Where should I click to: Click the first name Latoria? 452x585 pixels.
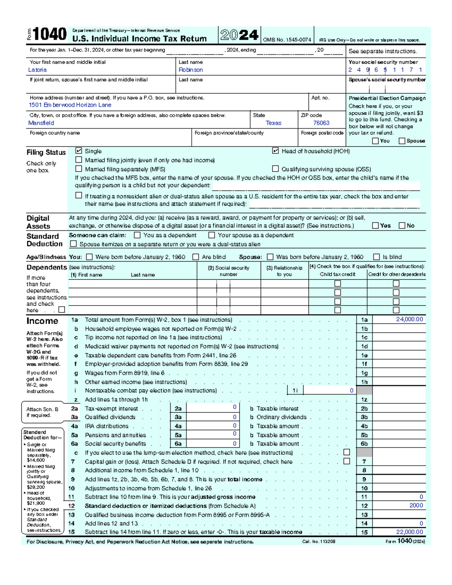click(37, 70)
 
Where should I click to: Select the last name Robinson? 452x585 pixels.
click(191, 70)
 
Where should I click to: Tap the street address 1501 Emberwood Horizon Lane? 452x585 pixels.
click(70, 105)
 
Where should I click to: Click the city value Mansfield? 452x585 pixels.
click(41, 123)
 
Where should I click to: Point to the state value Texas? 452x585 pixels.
click(273, 123)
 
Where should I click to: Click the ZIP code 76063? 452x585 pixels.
click(321, 123)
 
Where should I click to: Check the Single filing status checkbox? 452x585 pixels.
click(79, 151)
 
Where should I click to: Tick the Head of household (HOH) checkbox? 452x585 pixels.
click(275, 151)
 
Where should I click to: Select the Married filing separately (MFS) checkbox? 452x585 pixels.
click(79, 169)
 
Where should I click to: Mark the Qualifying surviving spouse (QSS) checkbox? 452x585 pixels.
click(275, 169)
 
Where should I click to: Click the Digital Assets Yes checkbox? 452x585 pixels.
click(375, 225)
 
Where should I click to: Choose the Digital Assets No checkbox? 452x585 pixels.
click(402, 225)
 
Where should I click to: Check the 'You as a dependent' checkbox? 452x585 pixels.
click(137, 235)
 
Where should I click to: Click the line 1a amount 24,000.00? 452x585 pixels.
click(409, 319)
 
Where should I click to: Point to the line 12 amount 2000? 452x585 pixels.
click(416, 506)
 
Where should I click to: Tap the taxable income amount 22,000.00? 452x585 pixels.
click(409, 532)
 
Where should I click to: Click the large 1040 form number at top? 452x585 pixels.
click(49, 34)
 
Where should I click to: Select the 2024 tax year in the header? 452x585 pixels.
click(239, 35)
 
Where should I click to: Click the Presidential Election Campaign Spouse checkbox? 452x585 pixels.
click(402, 141)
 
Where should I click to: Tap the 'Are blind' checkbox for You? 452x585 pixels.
click(196, 257)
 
